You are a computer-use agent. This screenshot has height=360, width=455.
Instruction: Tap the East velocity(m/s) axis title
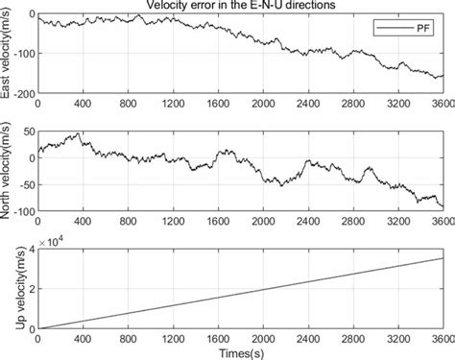[8, 55]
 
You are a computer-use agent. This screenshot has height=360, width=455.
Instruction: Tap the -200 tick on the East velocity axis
[22, 93]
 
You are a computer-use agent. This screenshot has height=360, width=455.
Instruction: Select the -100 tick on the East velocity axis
[22, 55]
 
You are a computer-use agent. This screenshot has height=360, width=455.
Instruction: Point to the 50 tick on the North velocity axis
[26, 131]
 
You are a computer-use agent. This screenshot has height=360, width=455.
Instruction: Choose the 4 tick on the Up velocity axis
[31, 250]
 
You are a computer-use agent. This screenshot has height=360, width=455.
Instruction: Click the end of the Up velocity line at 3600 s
[443, 257]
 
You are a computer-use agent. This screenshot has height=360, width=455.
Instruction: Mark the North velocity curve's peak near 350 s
[78, 134]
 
